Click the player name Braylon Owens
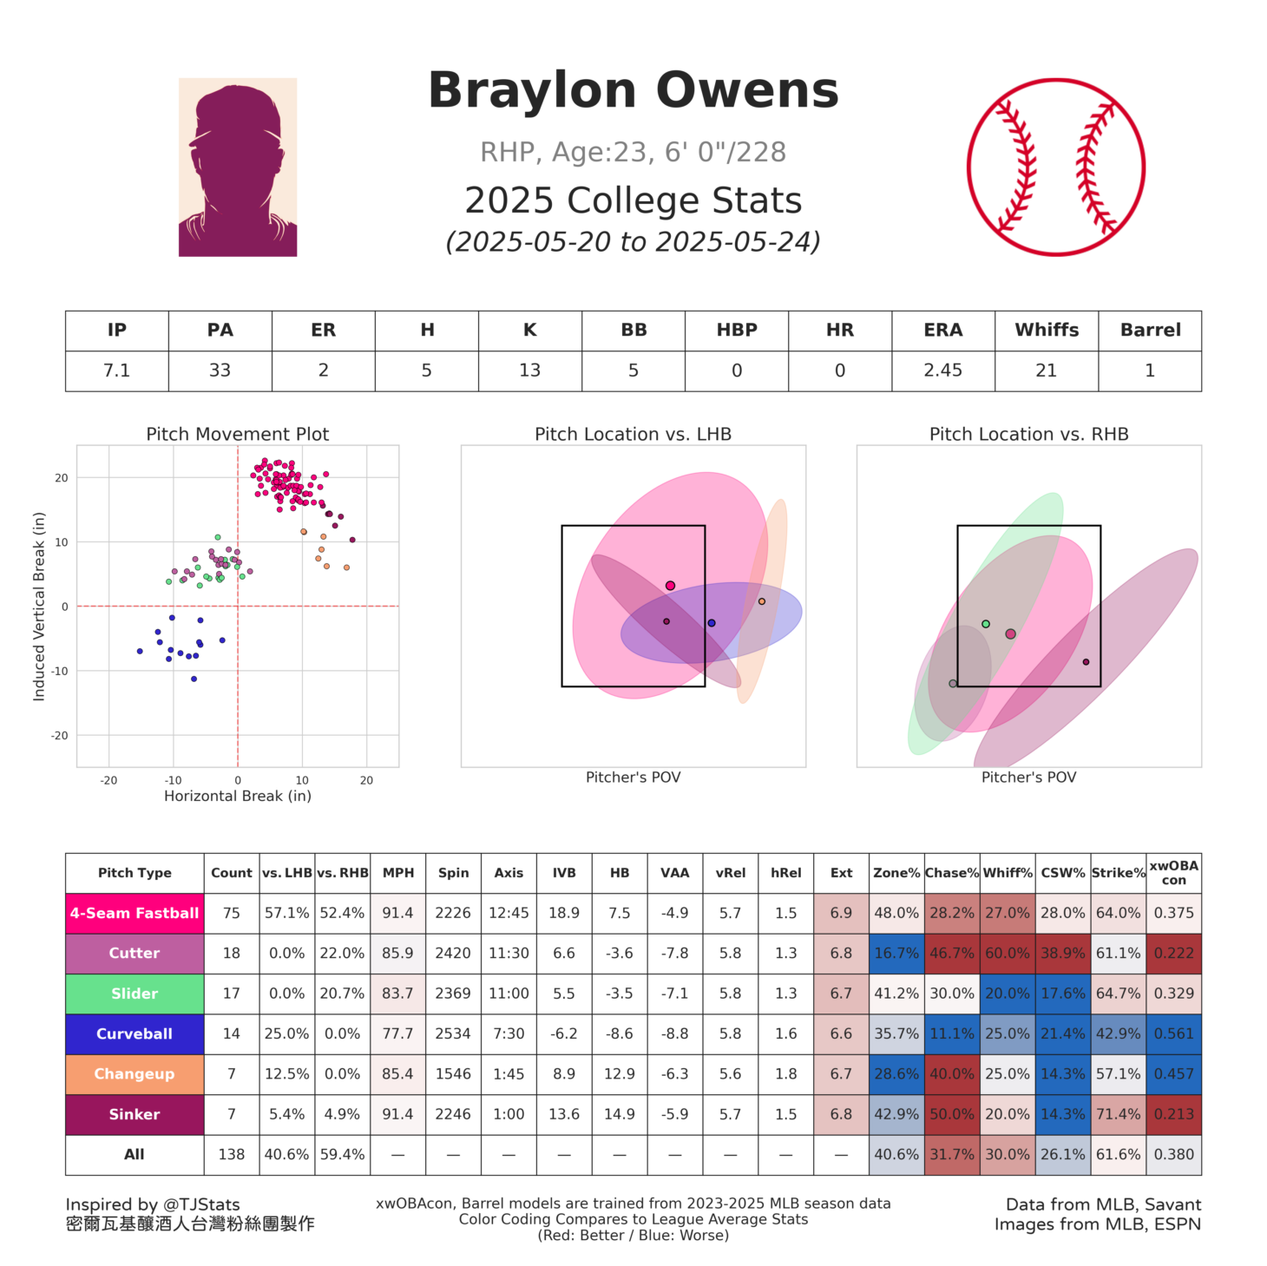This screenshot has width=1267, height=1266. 633,91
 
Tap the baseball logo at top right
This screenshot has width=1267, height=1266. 1056,167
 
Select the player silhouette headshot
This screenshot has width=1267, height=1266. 238,167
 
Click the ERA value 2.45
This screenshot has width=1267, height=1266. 942,371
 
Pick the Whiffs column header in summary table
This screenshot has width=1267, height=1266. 1047,331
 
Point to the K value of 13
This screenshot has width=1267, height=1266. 529,371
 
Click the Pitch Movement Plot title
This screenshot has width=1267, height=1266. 238,434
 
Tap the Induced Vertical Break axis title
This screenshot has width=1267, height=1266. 39,607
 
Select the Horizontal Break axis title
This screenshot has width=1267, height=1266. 238,796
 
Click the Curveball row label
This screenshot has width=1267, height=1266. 135,1033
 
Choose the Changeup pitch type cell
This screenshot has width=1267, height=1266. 135,1073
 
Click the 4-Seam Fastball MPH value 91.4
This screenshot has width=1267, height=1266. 398,913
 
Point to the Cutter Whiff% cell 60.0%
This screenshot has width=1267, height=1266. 1007,953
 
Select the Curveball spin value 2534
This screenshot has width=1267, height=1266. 453,1033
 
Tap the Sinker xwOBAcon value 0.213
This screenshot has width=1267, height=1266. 1173,1114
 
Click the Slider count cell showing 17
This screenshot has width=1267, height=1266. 232,994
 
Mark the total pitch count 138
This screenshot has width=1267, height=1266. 232,1154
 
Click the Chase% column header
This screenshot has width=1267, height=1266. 952,873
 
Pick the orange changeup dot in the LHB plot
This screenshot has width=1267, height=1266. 762,601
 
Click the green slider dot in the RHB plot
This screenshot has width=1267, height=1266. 986,624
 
